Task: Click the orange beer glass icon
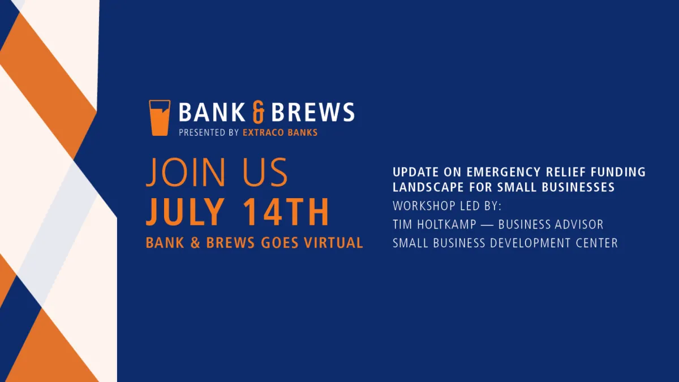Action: (160, 118)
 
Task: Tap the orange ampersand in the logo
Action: (258, 112)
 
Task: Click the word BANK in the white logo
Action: (212, 112)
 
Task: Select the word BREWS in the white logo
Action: (313, 112)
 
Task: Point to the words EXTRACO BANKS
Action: (280, 132)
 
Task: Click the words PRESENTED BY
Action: (209, 132)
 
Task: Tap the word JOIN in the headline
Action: (186, 171)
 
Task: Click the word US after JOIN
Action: (265, 171)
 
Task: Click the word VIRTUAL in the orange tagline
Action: (333, 243)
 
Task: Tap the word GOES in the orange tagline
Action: (280, 243)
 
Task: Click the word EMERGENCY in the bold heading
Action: (504, 172)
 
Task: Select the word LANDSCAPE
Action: (428, 187)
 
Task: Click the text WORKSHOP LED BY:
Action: (447, 206)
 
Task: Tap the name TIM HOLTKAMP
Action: (435, 224)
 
